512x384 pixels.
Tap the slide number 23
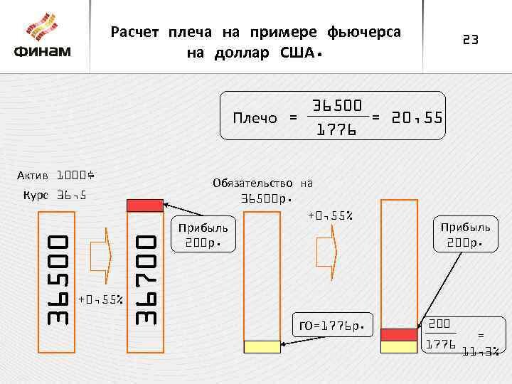[471, 41]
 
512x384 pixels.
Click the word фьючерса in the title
[364, 33]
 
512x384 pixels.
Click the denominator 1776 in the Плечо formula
[336, 131]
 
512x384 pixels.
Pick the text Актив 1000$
[56, 175]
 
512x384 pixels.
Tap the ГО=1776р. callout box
[334, 326]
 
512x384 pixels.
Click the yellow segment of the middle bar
[262, 346]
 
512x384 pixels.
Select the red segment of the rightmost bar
[399, 334]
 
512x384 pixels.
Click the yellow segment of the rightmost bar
[399, 346]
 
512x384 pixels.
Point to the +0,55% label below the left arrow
[101, 299]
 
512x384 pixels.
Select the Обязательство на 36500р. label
[262, 190]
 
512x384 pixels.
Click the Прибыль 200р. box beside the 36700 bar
[203, 235]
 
